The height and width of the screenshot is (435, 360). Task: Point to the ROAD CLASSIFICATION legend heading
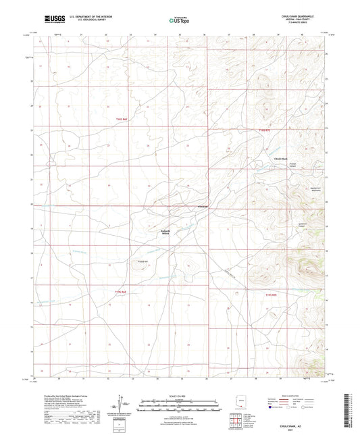tap(304, 396)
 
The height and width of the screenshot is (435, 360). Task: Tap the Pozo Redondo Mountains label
tap(276, 190)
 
